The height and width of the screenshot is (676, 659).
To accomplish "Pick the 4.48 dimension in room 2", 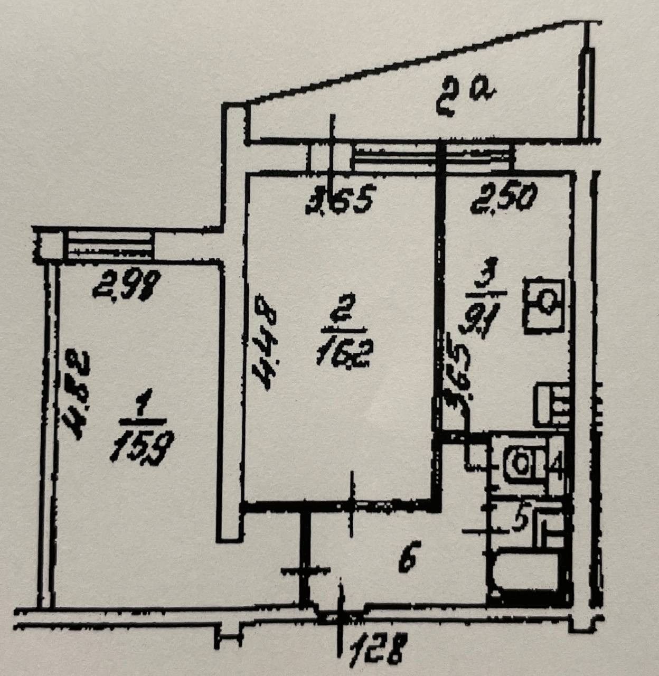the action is (263, 342).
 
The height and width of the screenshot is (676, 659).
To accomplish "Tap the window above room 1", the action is (108, 246).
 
